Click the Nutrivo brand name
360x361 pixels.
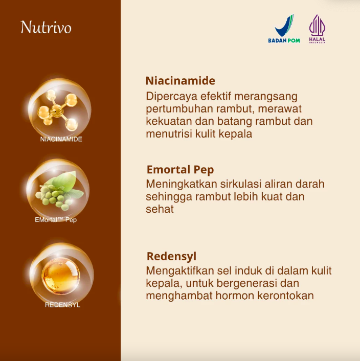click(x=46, y=27)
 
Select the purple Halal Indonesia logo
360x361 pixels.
click(x=317, y=29)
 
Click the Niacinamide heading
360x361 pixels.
click(x=180, y=81)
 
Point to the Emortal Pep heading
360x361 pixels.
click(x=180, y=170)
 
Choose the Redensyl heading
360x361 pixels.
click(x=171, y=256)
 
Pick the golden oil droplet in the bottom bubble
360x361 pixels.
click(x=60, y=277)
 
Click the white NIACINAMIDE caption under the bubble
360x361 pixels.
click(x=61, y=139)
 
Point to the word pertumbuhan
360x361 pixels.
click(x=175, y=109)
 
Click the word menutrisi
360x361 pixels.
click(x=167, y=134)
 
